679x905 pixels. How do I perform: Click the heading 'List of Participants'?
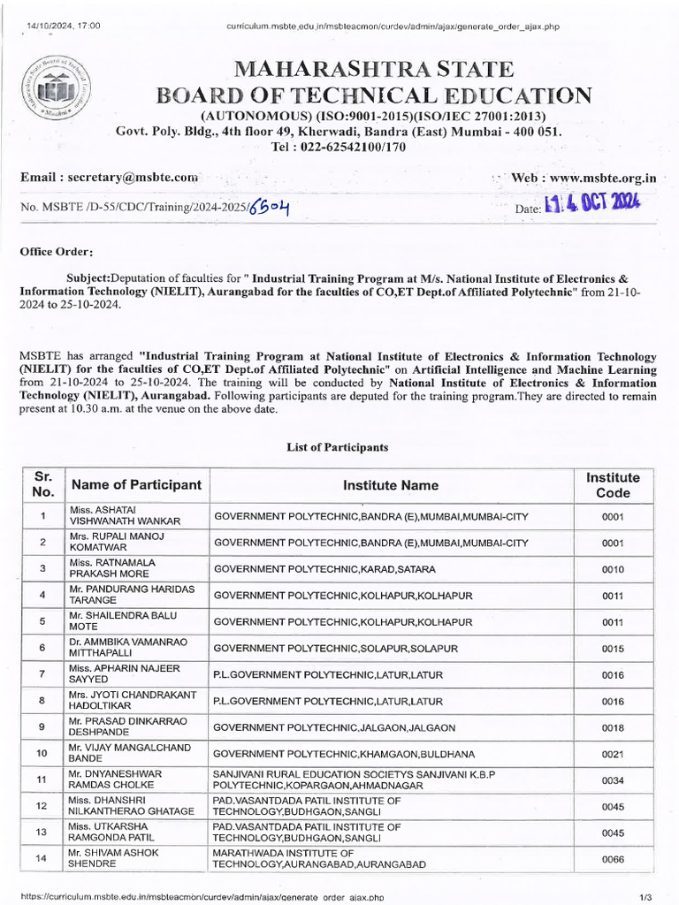(x=338, y=447)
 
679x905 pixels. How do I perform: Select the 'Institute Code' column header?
(x=613, y=484)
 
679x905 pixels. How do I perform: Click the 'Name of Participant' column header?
(x=136, y=485)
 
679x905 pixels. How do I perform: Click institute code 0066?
(x=613, y=859)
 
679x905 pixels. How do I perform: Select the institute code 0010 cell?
(x=613, y=569)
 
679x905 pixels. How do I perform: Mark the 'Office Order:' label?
(x=57, y=252)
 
